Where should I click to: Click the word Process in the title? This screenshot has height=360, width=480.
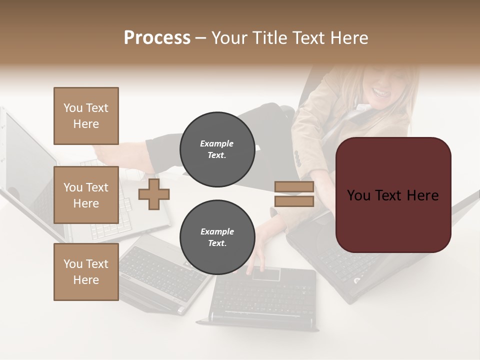(157, 38)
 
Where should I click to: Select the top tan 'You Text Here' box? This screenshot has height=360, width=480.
(86, 116)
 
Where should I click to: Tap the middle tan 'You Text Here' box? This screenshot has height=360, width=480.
(86, 195)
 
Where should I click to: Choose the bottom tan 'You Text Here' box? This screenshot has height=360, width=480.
(86, 272)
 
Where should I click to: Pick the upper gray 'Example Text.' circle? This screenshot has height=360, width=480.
(217, 149)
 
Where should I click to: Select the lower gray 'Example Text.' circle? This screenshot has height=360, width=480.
(217, 237)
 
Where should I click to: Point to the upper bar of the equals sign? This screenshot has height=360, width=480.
(294, 187)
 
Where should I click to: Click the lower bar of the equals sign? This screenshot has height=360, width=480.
(294, 201)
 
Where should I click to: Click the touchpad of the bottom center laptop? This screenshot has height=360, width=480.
(265, 274)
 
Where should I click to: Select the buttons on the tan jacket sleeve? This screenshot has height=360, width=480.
(298, 159)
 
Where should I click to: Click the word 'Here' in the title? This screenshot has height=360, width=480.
(348, 38)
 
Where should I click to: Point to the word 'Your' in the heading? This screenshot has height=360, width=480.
(230, 38)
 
